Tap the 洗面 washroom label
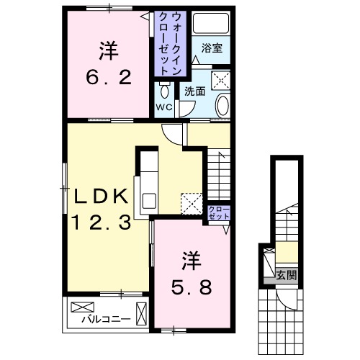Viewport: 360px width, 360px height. click(x=194, y=91)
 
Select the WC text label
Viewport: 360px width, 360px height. click(x=163, y=107)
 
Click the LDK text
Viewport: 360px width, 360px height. click(x=101, y=196)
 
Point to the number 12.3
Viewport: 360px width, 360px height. click(x=101, y=223)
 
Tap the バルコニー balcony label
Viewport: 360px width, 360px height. click(x=105, y=318)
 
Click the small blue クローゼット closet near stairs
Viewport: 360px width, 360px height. click(x=219, y=213)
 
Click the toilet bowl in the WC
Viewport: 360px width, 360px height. click(x=165, y=91)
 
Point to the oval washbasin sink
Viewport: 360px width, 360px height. click(x=222, y=106)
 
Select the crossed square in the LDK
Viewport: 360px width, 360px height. click(x=191, y=202)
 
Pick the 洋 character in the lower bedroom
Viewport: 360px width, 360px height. click(x=191, y=256)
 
